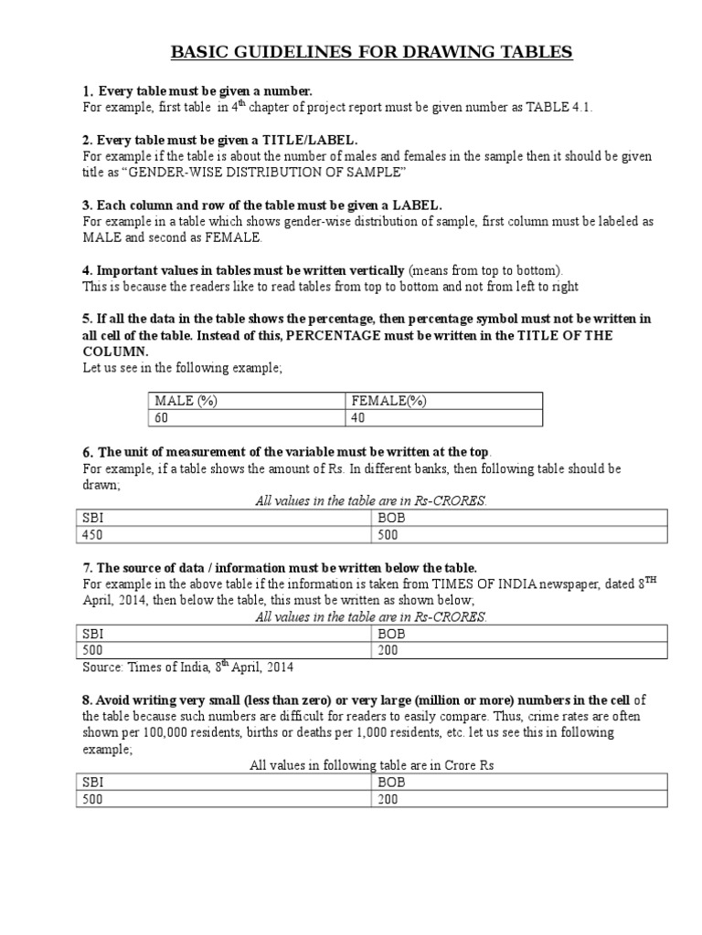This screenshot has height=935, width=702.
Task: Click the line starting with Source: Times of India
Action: pos(189,667)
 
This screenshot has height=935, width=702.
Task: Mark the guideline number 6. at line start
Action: pos(88,453)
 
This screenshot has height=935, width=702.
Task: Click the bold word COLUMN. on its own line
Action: pos(116,352)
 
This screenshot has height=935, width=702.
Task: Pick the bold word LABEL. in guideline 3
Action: pos(416,205)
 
